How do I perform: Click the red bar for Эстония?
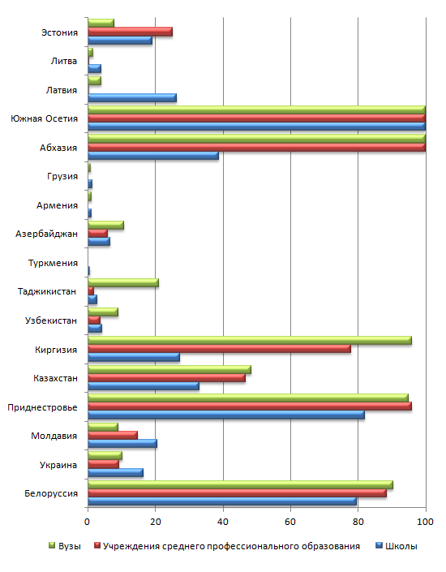click(131, 32)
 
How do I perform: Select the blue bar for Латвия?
click(132, 97)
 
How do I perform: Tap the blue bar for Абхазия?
click(153, 156)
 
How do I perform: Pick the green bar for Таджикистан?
click(123, 282)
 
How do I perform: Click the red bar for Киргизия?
click(220, 349)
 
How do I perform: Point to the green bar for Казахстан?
click(169, 369)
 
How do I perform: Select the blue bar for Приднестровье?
click(226, 415)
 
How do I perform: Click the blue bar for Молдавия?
click(122, 444)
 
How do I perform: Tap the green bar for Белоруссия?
click(240, 485)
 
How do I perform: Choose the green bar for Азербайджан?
click(105, 225)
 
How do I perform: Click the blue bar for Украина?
click(116, 473)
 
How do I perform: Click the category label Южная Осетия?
click(44, 118)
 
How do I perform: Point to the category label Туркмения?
click(53, 263)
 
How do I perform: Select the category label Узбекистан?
click(51, 320)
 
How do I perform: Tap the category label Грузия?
click(62, 176)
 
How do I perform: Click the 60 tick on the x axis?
click(290, 522)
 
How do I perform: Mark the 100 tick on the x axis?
click(425, 522)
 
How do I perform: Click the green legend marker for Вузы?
click(52, 545)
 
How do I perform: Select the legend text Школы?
click(401, 546)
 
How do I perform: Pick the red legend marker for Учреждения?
click(97, 545)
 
